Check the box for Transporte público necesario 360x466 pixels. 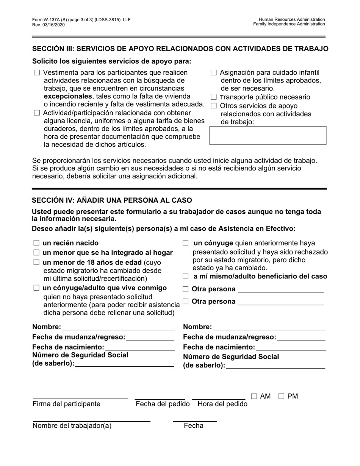click(214, 97)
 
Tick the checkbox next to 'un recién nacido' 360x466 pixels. click(36, 243)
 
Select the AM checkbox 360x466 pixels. click(254, 396)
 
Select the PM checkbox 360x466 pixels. click(281, 396)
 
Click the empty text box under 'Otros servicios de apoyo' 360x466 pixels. click(268, 136)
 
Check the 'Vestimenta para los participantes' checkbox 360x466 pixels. click(37, 73)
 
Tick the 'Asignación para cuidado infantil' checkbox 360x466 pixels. click(214, 72)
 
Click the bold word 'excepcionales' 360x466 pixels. click(67, 96)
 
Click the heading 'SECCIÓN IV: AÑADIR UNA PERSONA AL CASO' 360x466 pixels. click(112, 200)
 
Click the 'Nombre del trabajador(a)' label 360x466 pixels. click(72, 425)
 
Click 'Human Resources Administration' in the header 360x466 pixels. click(292, 19)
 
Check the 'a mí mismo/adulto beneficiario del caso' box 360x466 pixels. click(185, 277)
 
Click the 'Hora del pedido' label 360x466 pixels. click(222, 404)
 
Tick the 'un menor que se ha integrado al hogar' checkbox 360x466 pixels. click(36, 252)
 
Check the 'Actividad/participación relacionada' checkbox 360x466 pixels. click(37, 113)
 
